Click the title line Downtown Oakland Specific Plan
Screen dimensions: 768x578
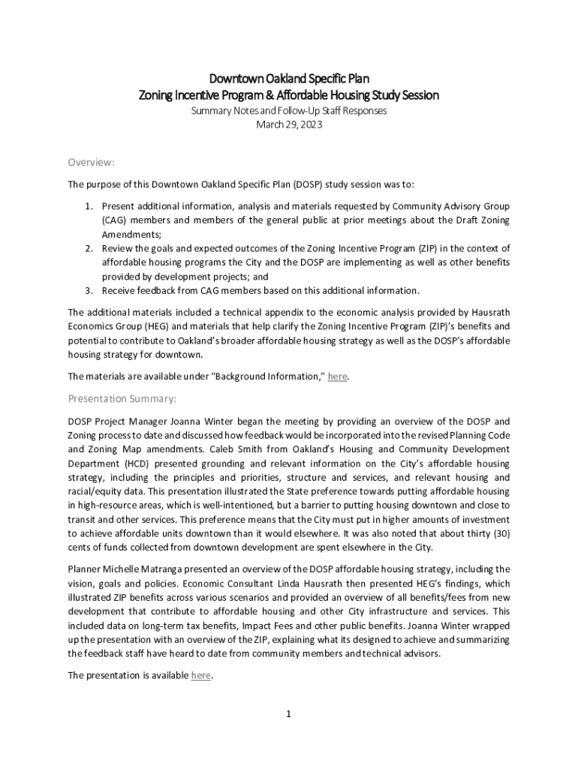pos(289,79)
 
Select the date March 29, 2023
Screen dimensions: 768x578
pos(289,125)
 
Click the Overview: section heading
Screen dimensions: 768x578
pos(91,162)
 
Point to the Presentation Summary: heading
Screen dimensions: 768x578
pos(122,398)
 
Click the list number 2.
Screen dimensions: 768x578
pos(87,248)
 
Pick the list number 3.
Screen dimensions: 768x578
pos(87,291)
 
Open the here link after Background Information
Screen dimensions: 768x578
pos(338,376)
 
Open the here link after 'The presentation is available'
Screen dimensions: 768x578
pos(201,675)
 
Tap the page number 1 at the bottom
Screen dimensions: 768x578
pos(288,713)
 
